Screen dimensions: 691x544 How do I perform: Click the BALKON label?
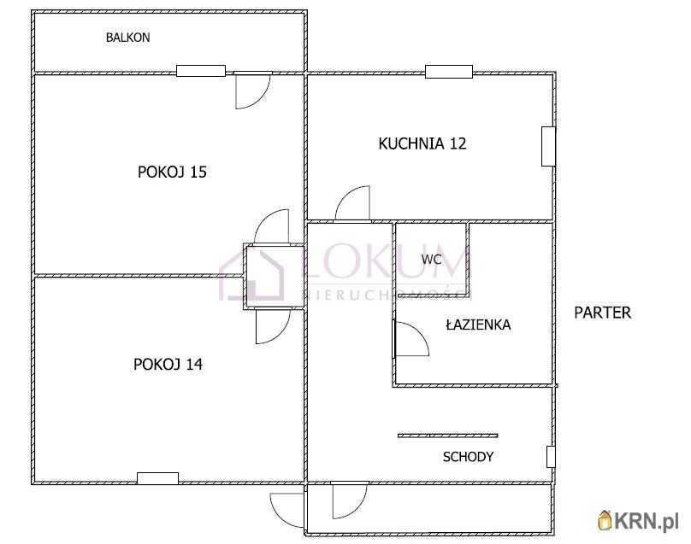127,38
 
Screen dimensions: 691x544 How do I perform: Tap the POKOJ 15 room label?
172,172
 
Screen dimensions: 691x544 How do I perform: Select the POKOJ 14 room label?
168,364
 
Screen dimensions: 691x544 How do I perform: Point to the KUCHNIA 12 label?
422,143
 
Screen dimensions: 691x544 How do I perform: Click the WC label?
431,260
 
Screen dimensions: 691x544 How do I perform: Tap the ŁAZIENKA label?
478,325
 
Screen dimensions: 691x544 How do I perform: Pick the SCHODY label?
468,457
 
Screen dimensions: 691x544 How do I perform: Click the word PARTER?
602,313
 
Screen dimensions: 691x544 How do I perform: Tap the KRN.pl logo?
638,521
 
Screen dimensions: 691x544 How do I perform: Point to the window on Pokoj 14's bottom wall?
157,478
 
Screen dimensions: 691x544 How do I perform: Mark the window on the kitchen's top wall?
449,72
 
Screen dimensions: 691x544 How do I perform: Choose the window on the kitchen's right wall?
548,147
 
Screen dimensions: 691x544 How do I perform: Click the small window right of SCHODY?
551,457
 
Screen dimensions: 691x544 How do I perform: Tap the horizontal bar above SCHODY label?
448,436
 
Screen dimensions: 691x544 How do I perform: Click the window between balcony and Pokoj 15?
201,71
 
